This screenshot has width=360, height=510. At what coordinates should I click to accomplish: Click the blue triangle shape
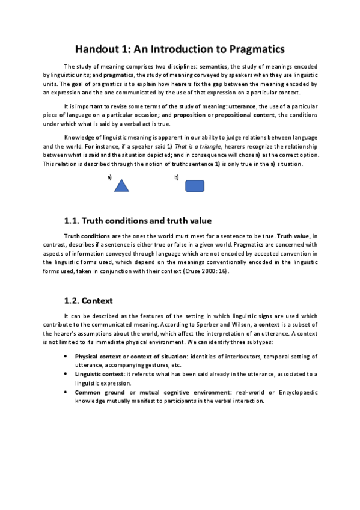121,185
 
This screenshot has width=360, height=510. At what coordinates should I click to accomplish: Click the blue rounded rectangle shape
195,185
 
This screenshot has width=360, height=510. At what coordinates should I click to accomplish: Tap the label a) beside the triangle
109,177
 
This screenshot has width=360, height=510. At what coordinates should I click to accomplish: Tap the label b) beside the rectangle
177,177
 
